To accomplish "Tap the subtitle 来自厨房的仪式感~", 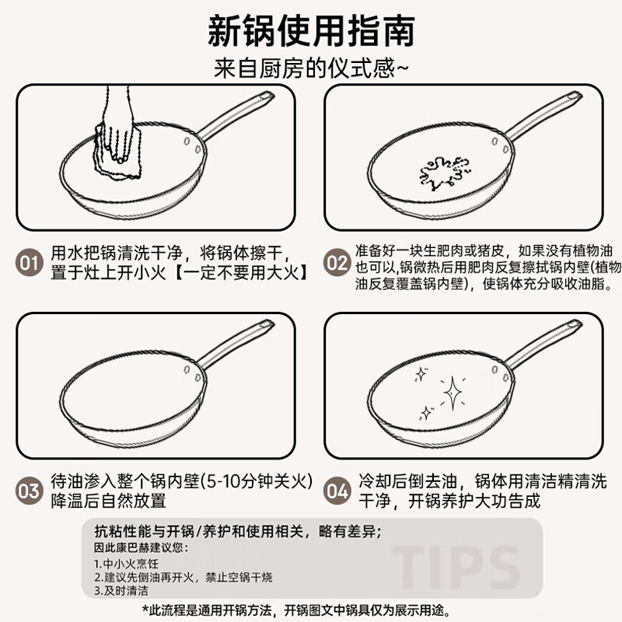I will pos(311,68).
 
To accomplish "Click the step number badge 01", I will pos(30,263).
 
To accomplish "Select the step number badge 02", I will pos(337,263).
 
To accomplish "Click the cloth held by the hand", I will pos(117,152).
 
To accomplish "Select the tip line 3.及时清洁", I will pos(121,590).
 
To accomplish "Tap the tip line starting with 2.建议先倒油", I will pos(183,577).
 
